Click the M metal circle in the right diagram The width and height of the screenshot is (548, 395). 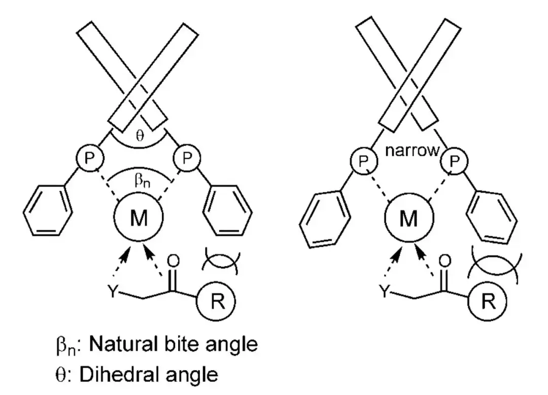pos(408,219)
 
